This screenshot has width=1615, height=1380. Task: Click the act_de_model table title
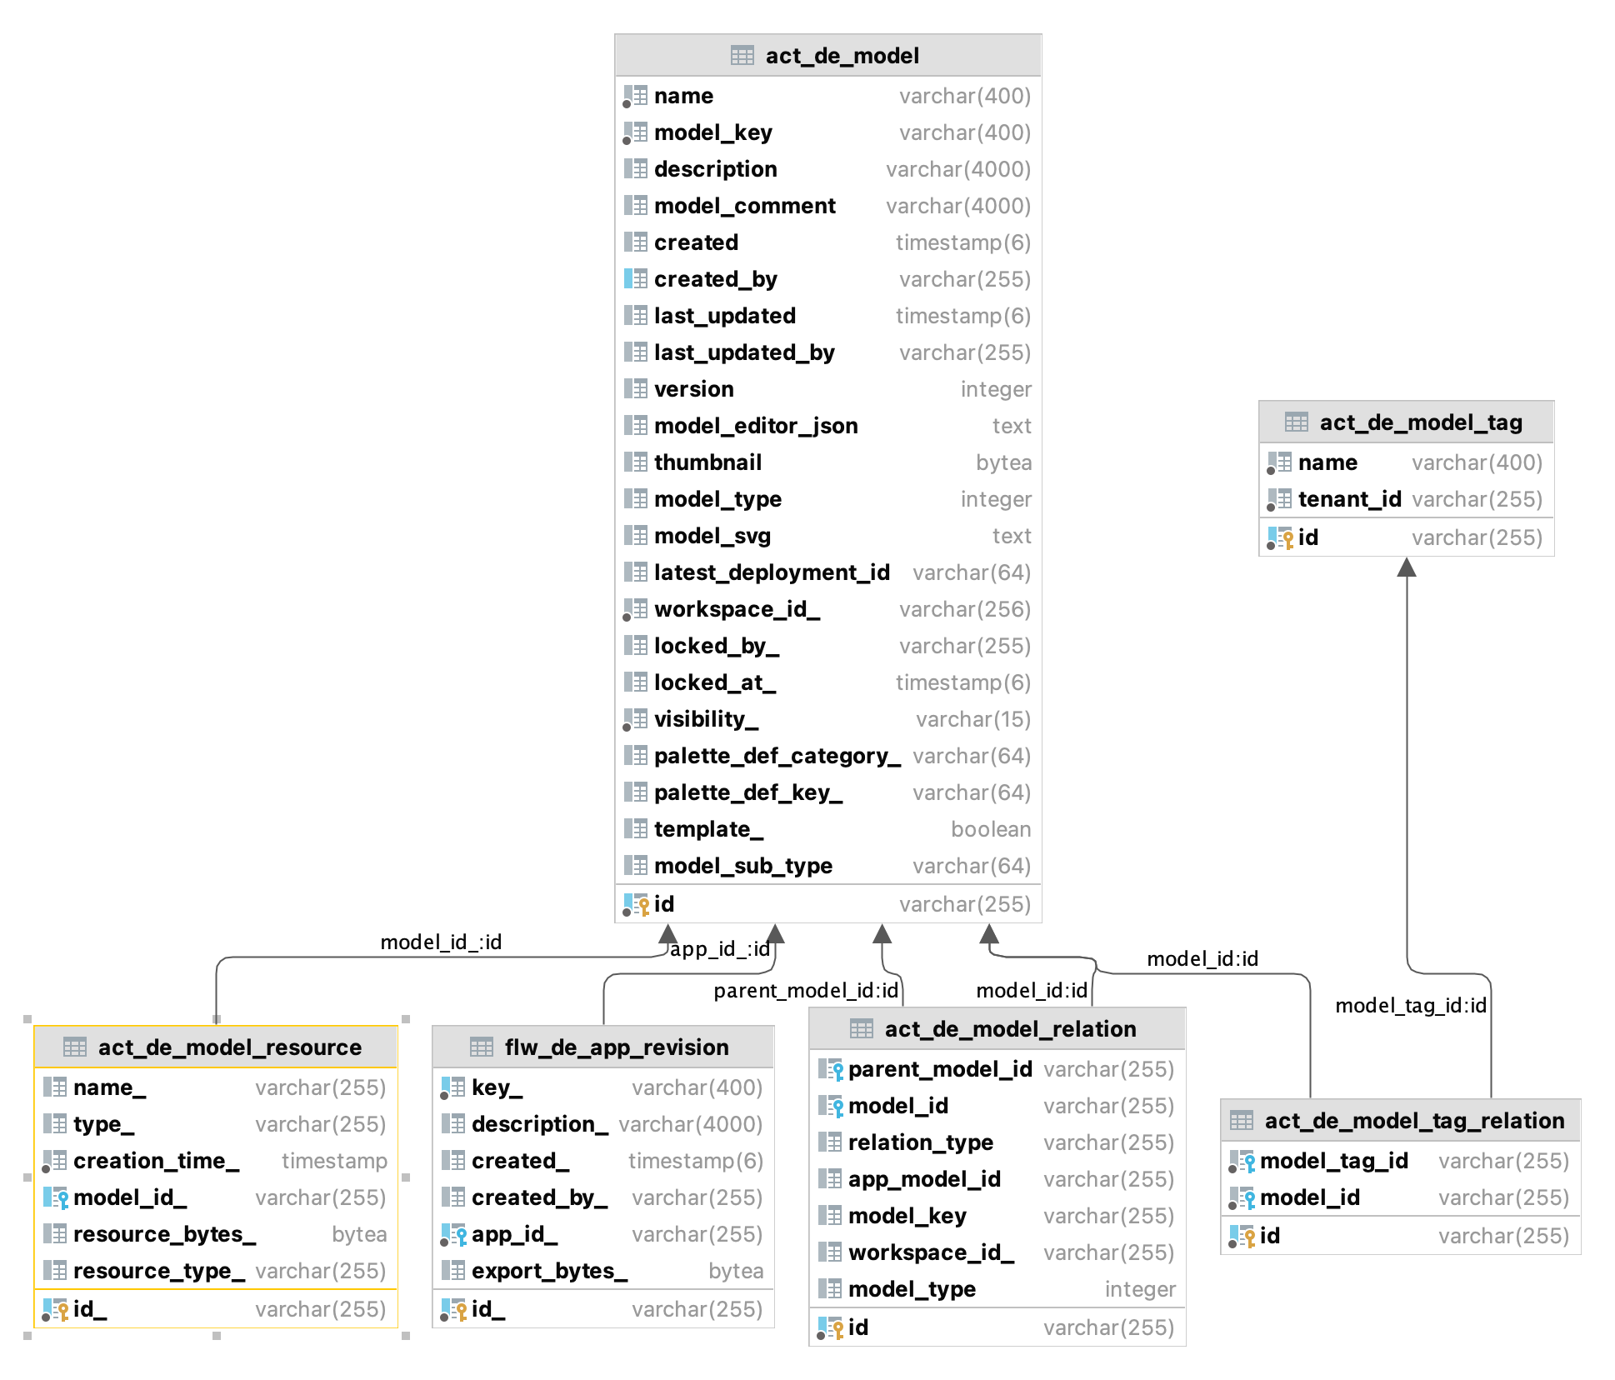coord(842,56)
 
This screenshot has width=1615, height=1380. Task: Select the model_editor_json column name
coord(755,426)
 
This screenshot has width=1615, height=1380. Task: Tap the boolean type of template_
coord(990,829)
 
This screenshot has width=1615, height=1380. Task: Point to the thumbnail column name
coord(707,462)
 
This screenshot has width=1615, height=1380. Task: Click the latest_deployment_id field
coord(771,572)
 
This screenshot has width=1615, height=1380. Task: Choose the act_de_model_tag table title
coord(1420,422)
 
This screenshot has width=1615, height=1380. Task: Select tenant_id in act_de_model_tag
coord(1349,499)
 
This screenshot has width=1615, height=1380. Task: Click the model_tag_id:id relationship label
coord(1410,1006)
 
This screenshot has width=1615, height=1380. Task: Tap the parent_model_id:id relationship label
coord(805,991)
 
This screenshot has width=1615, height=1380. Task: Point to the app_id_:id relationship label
coord(719,949)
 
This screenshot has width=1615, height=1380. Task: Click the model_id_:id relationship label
coord(441,942)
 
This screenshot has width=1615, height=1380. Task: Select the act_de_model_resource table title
coord(229,1047)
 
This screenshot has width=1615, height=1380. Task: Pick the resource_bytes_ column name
coord(164,1234)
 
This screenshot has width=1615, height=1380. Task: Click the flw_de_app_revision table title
coord(616,1047)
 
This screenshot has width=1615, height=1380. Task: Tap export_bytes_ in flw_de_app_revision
coord(549,1271)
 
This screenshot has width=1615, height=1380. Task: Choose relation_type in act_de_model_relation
coord(920,1142)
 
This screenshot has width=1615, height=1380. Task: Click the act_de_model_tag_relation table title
coord(1413,1121)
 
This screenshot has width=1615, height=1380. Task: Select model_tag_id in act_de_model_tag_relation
coord(1333,1161)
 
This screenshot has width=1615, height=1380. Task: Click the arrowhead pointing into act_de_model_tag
coord(1407,567)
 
